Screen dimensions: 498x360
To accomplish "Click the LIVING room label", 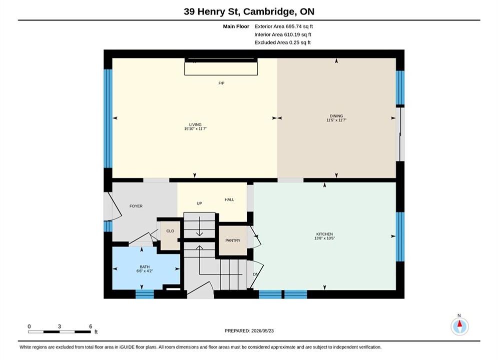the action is [195, 124].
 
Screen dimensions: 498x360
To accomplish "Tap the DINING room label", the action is [336, 116].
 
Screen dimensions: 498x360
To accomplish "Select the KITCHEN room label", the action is [325, 234].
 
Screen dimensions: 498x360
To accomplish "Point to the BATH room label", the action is [145, 267].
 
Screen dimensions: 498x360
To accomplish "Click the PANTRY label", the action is [233, 240].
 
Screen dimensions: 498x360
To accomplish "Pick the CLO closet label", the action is [170, 231].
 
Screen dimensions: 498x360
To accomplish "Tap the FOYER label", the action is [136, 206].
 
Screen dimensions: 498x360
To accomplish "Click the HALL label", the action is [229, 199].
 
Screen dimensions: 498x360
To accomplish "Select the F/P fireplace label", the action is [221, 83].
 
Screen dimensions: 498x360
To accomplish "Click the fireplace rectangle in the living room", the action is [221, 67].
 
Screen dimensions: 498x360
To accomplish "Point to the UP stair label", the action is [200, 203].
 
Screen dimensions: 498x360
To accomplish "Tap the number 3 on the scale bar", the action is [60, 326].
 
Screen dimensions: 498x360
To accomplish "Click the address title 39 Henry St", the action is [213, 11].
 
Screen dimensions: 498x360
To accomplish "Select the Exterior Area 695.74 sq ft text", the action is [284, 26].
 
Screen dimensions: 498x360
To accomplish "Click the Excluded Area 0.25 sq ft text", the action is [283, 42].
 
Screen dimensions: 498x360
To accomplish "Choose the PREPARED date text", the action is [249, 331].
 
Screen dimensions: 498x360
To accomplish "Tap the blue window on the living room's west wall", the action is [108, 118].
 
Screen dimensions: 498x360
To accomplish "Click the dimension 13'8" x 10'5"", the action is [325, 238].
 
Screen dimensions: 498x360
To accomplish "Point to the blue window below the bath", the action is [145, 294].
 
